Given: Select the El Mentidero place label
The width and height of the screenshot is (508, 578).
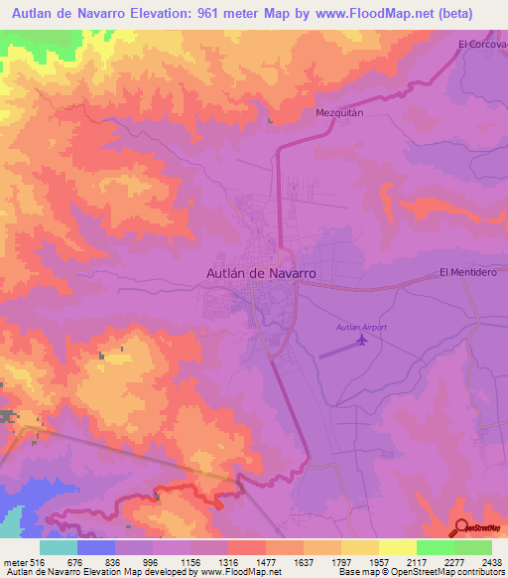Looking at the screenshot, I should coord(465,272).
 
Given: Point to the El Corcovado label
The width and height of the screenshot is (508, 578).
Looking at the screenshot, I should coord(482,44).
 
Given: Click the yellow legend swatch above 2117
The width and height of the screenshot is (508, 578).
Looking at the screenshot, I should coord(397,547).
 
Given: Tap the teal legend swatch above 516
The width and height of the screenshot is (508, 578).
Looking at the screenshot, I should coord(59,547).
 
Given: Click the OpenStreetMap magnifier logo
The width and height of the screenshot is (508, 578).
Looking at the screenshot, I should coord(460,526).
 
